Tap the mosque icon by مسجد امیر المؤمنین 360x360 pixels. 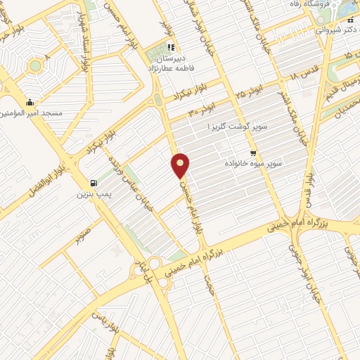29,102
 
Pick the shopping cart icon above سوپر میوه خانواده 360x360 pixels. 252,153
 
